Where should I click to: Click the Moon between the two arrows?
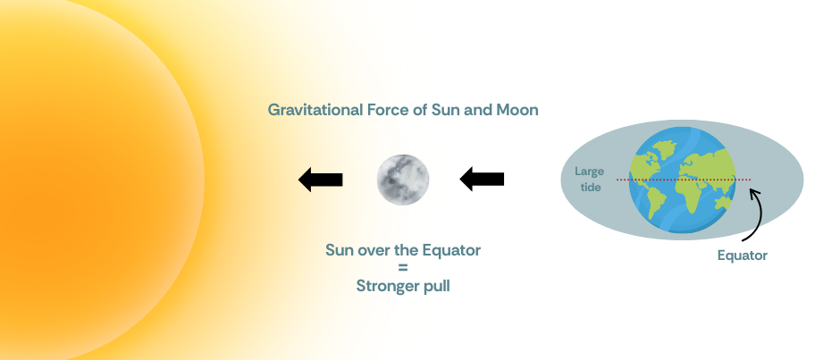(403, 180)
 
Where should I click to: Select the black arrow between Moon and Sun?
(320, 180)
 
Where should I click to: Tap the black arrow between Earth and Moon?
(483, 179)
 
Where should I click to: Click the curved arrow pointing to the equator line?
(753, 214)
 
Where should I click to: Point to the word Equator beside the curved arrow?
(742, 255)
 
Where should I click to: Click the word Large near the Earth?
(589, 172)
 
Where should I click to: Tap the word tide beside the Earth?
(590, 187)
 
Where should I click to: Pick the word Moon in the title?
(517, 110)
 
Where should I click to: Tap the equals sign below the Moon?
(403, 268)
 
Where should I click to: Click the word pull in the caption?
(438, 287)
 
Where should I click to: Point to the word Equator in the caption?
(451, 250)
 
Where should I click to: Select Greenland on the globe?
(663, 148)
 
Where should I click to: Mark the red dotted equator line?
(684, 180)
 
